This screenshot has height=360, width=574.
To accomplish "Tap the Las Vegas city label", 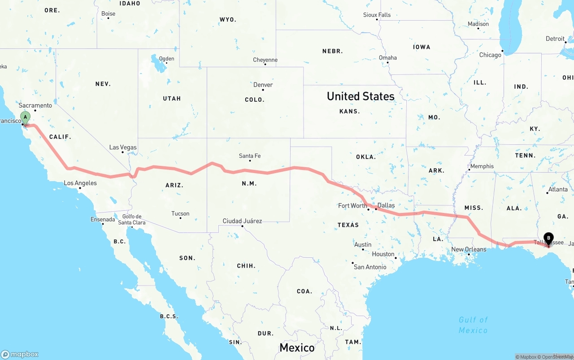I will (x=123, y=147).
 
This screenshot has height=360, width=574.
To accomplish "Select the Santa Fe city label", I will (x=250, y=156).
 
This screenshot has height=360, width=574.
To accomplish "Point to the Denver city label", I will (x=263, y=85).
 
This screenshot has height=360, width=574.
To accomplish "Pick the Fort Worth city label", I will (x=352, y=206).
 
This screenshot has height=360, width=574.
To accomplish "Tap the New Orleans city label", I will (x=469, y=249).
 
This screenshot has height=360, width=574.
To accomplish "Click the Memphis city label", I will (x=482, y=166).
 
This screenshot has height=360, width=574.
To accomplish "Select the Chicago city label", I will (x=490, y=55).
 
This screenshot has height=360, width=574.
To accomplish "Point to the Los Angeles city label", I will (x=80, y=183).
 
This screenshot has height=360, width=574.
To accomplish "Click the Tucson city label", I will (x=180, y=213).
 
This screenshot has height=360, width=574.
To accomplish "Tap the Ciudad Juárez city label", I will (x=242, y=221).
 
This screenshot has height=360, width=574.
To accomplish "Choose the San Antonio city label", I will (x=370, y=267).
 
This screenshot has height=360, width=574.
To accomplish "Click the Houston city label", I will (x=383, y=254).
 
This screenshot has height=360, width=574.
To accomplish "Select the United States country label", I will (x=361, y=96).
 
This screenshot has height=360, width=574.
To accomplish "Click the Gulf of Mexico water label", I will (x=473, y=325).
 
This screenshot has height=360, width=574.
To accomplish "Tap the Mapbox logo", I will (x=20, y=354).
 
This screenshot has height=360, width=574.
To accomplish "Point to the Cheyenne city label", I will (x=265, y=60).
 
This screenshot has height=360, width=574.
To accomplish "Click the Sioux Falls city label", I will (x=377, y=15).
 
